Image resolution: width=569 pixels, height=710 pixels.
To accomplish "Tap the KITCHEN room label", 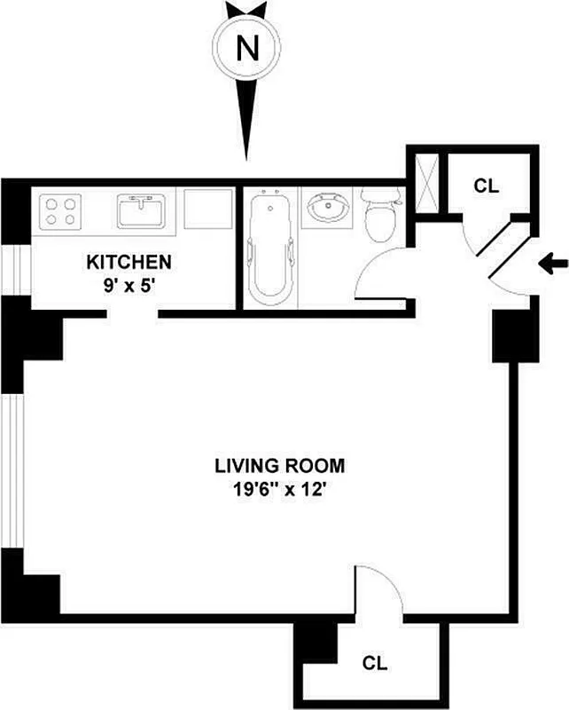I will pyautogui.click(x=129, y=263).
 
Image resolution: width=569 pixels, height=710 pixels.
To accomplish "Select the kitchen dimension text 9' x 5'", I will pyautogui.click(x=129, y=286).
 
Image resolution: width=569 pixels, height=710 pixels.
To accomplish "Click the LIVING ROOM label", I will pyautogui.click(x=279, y=465).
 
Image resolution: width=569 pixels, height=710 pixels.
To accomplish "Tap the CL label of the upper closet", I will pyautogui.click(x=486, y=186).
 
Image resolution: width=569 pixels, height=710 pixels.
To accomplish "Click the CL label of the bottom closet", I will pyautogui.click(x=376, y=663).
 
